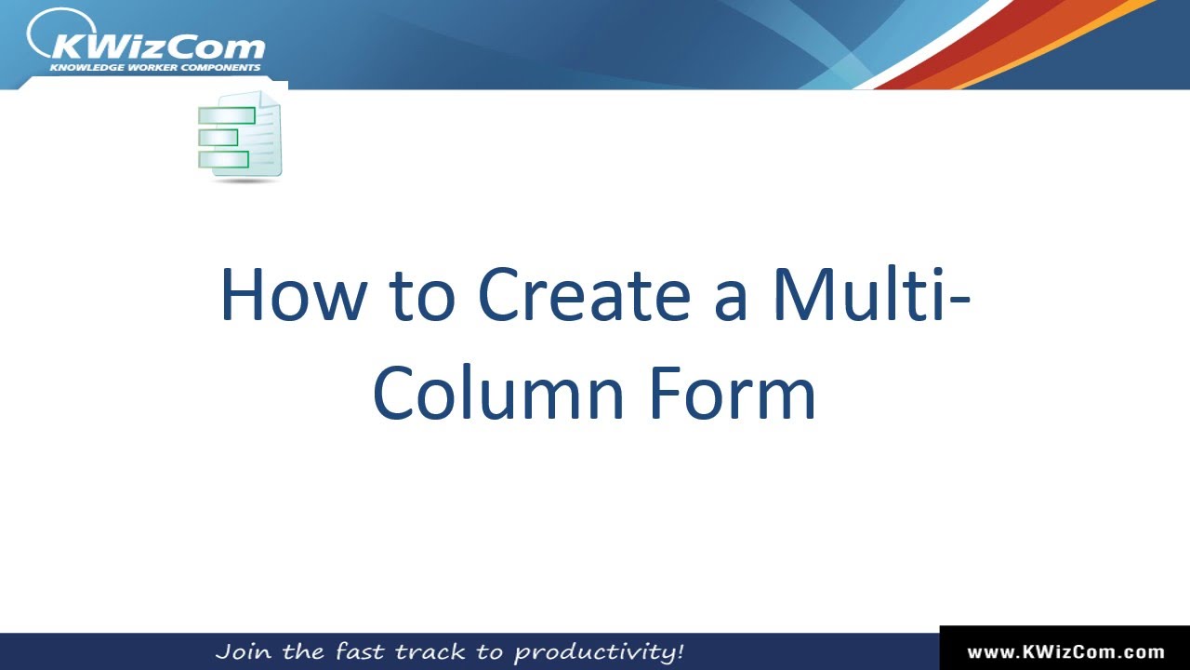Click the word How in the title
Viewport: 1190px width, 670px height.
292,296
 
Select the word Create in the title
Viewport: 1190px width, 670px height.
583,296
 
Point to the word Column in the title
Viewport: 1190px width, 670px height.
498,393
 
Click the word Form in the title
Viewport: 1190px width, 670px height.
732,393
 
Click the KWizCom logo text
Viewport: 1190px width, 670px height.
159,47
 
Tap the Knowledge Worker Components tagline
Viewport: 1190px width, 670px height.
155,68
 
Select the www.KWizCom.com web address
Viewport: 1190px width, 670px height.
1065,652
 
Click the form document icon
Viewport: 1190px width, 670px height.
240,136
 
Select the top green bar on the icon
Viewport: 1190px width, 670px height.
227,115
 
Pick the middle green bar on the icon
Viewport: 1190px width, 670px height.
218,138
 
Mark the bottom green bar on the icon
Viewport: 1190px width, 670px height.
224,159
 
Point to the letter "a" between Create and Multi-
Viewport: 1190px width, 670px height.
732,301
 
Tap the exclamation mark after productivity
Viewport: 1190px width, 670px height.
680,650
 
